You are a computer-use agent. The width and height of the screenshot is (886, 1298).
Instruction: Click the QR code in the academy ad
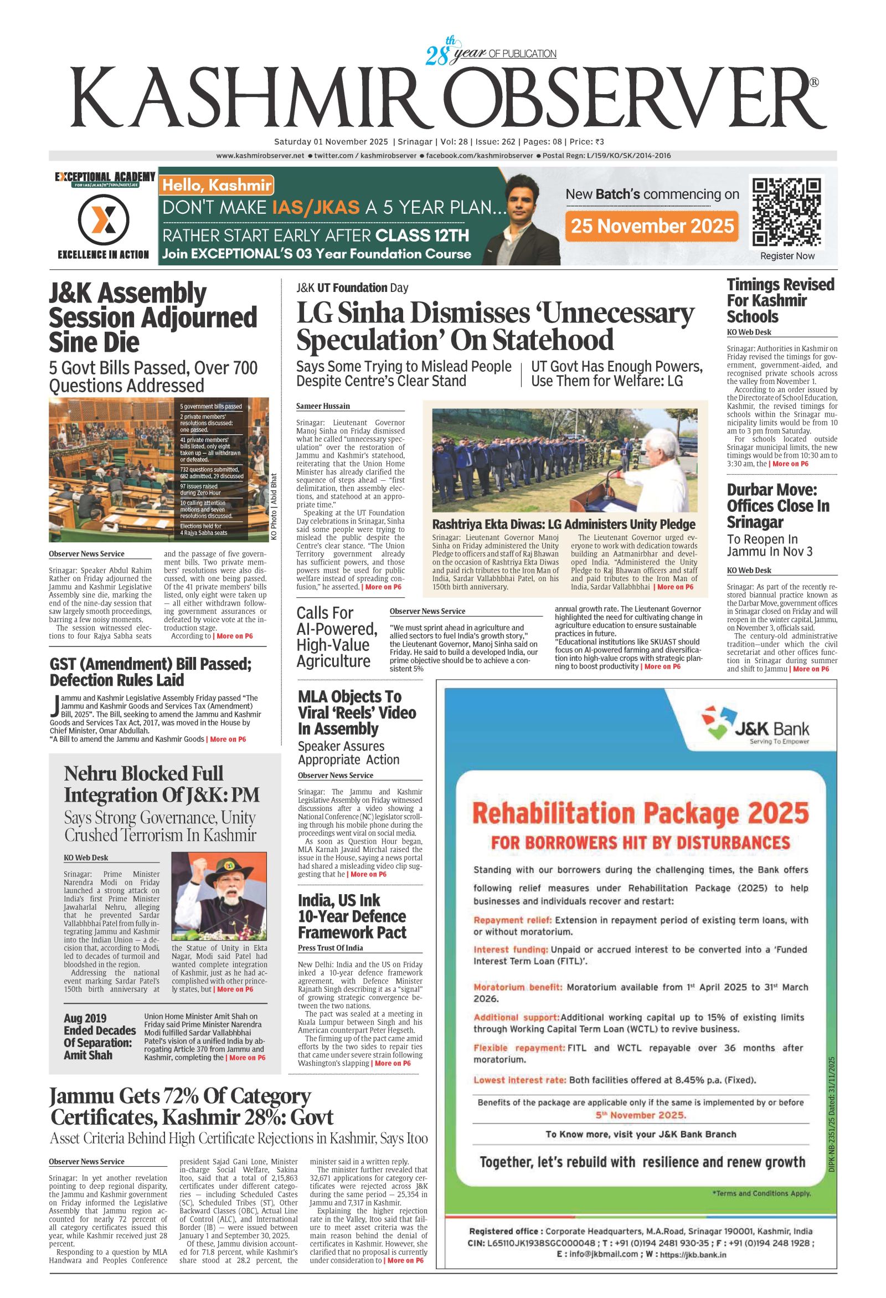(787, 212)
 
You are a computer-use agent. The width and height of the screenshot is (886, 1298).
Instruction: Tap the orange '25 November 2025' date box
(652, 225)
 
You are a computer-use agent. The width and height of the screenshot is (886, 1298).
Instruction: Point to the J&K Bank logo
(755, 726)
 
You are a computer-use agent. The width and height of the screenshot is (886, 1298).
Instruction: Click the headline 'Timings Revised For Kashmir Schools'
(780, 300)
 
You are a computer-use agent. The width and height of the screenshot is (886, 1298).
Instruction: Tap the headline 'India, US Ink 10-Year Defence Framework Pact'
(352, 916)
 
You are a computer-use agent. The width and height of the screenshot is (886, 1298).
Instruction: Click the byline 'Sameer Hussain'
(323, 406)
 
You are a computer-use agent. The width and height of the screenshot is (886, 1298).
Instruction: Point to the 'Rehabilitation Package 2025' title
(640, 812)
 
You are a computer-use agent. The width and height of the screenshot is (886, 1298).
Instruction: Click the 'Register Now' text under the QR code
(787, 256)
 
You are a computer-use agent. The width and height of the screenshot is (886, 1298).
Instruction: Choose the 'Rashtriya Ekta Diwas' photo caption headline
(564, 525)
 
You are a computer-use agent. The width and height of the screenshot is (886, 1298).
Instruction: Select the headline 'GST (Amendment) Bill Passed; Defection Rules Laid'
(151, 672)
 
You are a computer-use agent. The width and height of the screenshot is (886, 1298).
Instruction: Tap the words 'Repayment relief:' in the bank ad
(513, 920)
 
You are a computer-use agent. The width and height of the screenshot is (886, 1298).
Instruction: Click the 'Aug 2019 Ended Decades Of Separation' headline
(99, 1037)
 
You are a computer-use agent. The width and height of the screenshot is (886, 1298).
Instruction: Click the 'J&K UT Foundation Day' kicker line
(352, 288)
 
